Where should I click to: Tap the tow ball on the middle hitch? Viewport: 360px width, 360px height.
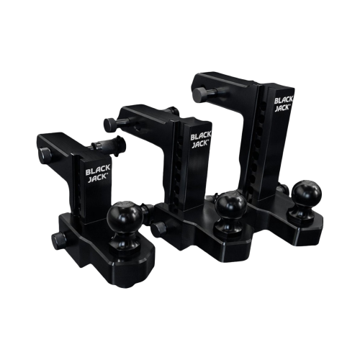pyautogui.click(x=231, y=204)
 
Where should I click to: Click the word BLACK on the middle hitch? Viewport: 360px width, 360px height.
pyautogui.click(x=201, y=136)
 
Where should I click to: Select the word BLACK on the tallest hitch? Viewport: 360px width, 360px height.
pyautogui.click(x=284, y=99)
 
